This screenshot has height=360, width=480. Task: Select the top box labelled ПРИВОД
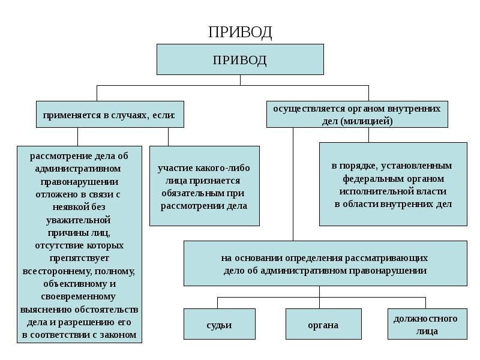240,59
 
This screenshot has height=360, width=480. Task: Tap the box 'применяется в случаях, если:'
110,114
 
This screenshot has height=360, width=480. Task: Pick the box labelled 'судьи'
219,325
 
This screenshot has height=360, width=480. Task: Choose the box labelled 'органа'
323,325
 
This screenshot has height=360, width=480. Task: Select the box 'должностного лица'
425,325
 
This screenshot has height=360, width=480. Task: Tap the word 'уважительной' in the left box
79,220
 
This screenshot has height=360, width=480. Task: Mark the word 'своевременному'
79,296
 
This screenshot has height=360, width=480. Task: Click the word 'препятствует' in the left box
79,258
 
